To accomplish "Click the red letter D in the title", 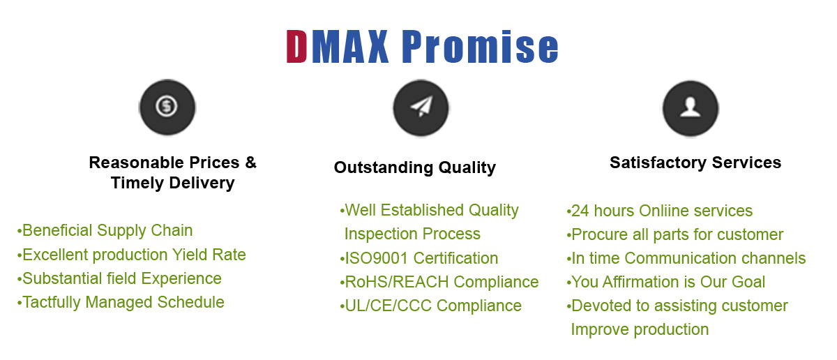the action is click(x=296, y=46).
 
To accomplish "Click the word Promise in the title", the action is click(x=480, y=46).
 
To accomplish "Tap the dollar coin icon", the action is click(x=167, y=107).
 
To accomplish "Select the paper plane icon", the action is click(x=421, y=106).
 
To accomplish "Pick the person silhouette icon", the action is click(x=691, y=107).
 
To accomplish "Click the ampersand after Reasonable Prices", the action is click(x=250, y=163).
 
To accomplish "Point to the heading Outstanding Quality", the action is click(x=415, y=167).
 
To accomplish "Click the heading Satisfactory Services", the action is click(x=695, y=163).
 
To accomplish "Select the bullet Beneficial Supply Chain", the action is click(x=105, y=230).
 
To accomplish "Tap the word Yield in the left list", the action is click(x=190, y=255).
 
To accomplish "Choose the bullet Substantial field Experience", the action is click(x=119, y=278).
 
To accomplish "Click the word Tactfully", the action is click(x=52, y=302).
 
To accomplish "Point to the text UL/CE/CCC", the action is click(x=389, y=306).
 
